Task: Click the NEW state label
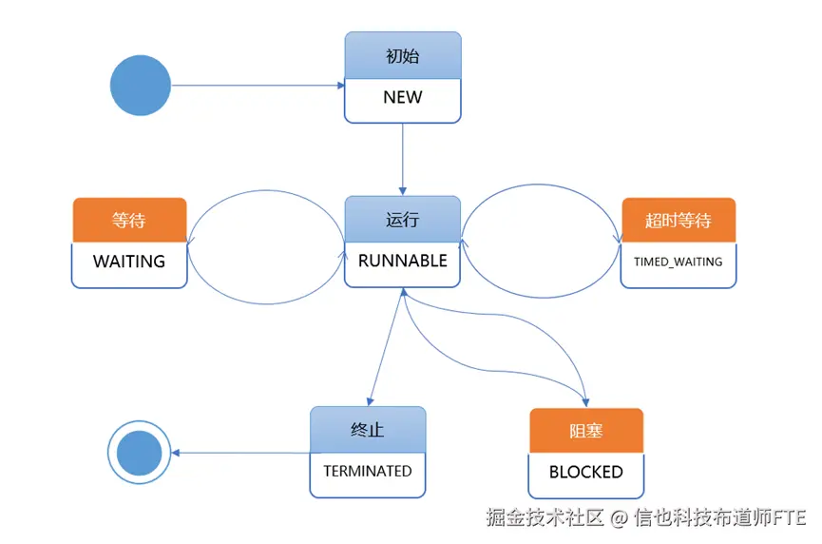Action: pyautogui.click(x=402, y=97)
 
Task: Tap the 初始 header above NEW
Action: pyautogui.click(x=402, y=56)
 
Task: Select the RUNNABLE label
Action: pyautogui.click(x=402, y=261)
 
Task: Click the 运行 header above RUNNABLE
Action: pyautogui.click(x=402, y=220)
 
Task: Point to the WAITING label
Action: pyautogui.click(x=128, y=261)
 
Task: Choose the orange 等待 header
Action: pyautogui.click(x=128, y=220)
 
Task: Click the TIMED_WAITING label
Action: pyautogui.click(x=678, y=262)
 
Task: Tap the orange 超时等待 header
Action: pyautogui.click(x=678, y=221)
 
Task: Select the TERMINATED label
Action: pyautogui.click(x=367, y=471)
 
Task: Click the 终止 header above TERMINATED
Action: pyautogui.click(x=367, y=430)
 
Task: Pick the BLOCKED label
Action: pyautogui.click(x=585, y=472)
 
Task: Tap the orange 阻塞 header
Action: pyautogui.click(x=585, y=431)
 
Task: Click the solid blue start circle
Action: pyautogui.click(x=141, y=86)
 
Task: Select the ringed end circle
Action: pyautogui.click(x=139, y=452)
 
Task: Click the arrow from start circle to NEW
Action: pyautogui.click(x=257, y=86)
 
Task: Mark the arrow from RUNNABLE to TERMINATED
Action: pyautogui.click(x=386, y=346)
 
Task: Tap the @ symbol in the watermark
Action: pyautogui.click(x=619, y=518)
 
